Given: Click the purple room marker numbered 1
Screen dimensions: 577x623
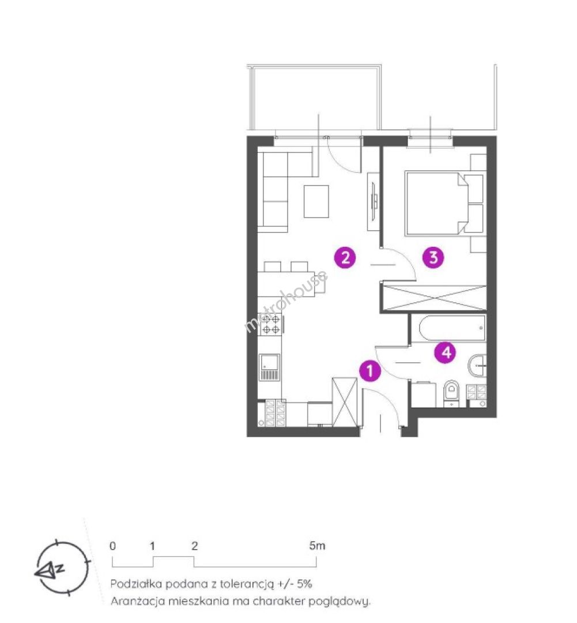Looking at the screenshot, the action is click(x=370, y=371).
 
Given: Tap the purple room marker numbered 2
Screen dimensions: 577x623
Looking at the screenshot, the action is click(x=345, y=257).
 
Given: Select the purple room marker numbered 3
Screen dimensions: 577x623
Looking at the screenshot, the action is click(x=433, y=257).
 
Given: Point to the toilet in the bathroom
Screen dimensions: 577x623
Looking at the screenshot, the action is click(x=451, y=393).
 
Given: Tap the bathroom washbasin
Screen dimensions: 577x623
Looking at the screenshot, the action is click(x=477, y=366).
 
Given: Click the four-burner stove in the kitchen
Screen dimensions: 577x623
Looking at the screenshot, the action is click(x=271, y=324).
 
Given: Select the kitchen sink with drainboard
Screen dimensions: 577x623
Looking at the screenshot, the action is click(x=269, y=367).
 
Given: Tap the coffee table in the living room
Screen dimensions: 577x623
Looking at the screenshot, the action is click(x=316, y=201).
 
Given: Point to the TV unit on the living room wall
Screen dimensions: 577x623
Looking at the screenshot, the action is click(x=374, y=201).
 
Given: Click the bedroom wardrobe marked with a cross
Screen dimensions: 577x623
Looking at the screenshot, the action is click(x=433, y=297).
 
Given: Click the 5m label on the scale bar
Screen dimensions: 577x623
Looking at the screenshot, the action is click(x=317, y=546).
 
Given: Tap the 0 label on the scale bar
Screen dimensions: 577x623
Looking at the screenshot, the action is click(x=113, y=546).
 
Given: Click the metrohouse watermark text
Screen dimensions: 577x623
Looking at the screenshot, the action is click(x=286, y=301).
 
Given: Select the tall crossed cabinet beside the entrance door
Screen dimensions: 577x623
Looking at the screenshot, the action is click(x=345, y=402).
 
